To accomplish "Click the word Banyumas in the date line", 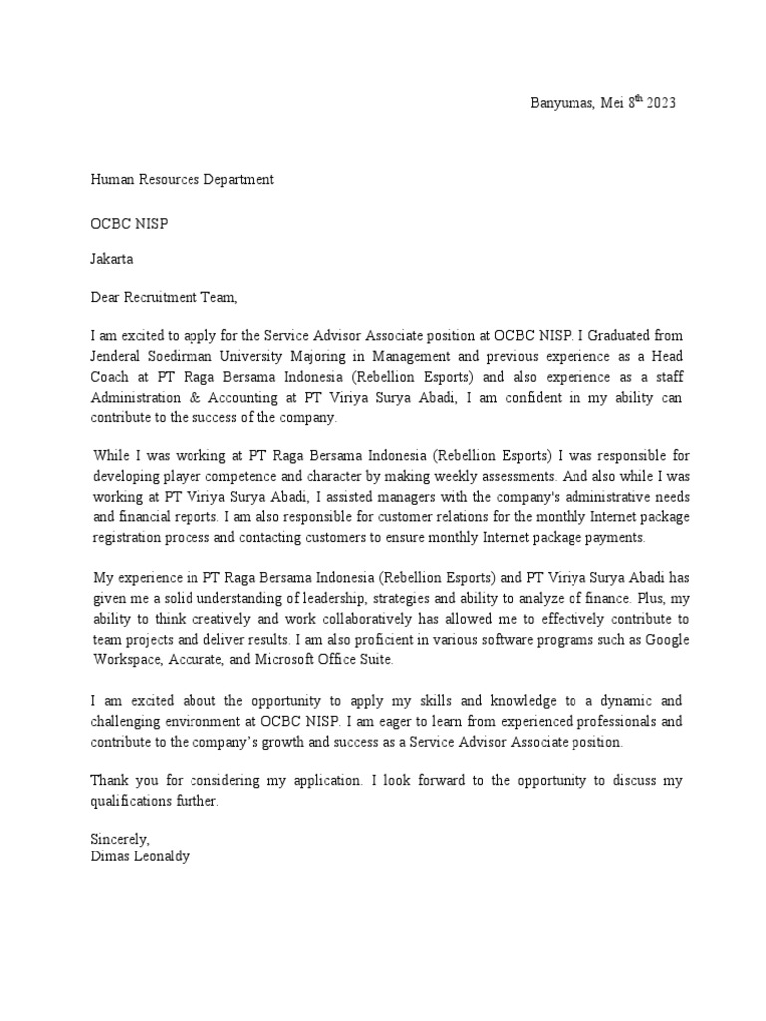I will point(559,103).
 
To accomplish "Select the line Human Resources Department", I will point(182,180).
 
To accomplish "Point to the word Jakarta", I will point(112,260).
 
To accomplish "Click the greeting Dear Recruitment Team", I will point(165,297).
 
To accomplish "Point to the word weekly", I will point(426,477).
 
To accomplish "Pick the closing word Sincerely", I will point(120,839).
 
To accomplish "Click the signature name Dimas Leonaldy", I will point(139,856).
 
